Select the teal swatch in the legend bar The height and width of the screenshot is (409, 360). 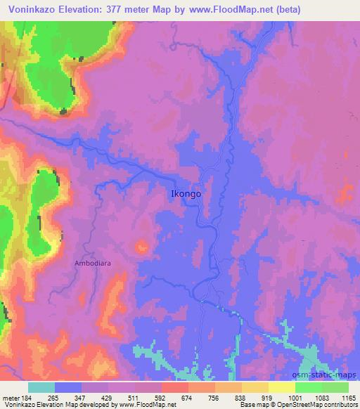(41, 387)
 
